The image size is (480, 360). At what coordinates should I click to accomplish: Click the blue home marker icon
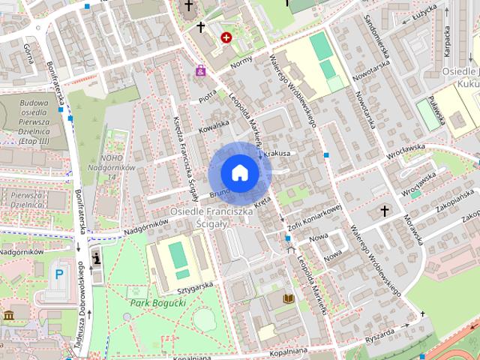point(239,172)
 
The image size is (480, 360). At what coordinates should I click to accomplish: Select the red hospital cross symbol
point(226,36)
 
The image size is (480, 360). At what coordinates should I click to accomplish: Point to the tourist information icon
point(96,258)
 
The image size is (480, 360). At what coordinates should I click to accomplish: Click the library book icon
point(288,298)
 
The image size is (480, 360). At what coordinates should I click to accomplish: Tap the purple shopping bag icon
point(200,71)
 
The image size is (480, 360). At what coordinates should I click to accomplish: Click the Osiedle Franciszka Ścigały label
point(212,218)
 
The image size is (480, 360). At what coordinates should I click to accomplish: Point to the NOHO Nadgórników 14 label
point(116,163)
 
